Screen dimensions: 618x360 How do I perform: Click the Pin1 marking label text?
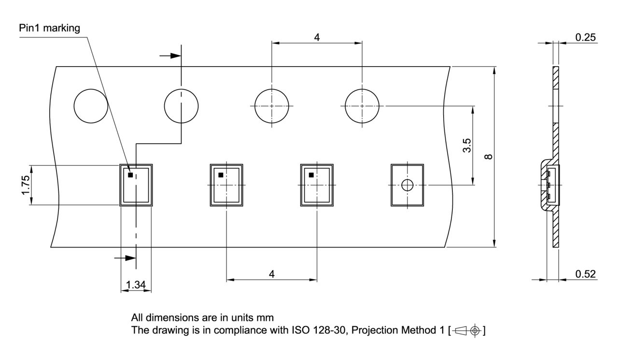(x=49, y=28)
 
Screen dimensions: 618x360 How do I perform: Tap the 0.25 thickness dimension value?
(x=586, y=37)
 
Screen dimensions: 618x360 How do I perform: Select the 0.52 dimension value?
(x=586, y=274)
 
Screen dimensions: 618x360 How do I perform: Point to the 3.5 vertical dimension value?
(x=467, y=146)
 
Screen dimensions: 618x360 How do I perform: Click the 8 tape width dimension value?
(x=488, y=156)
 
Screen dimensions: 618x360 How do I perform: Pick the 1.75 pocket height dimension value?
(x=26, y=185)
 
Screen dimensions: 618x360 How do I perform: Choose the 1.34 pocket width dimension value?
(x=136, y=284)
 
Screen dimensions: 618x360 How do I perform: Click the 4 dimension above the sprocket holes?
(x=317, y=37)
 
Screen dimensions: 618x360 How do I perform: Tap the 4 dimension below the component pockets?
(x=272, y=274)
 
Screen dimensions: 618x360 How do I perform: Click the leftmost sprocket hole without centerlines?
(x=91, y=106)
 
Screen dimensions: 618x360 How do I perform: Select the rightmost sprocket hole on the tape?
(x=362, y=106)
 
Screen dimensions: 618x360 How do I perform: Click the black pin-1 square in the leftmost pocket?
(x=130, y=175)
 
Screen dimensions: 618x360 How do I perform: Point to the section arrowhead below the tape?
(x=130, y=258)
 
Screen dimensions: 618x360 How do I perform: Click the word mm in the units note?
(x=265, y=318)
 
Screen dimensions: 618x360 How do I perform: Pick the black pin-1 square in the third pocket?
(x=311, y=175)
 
